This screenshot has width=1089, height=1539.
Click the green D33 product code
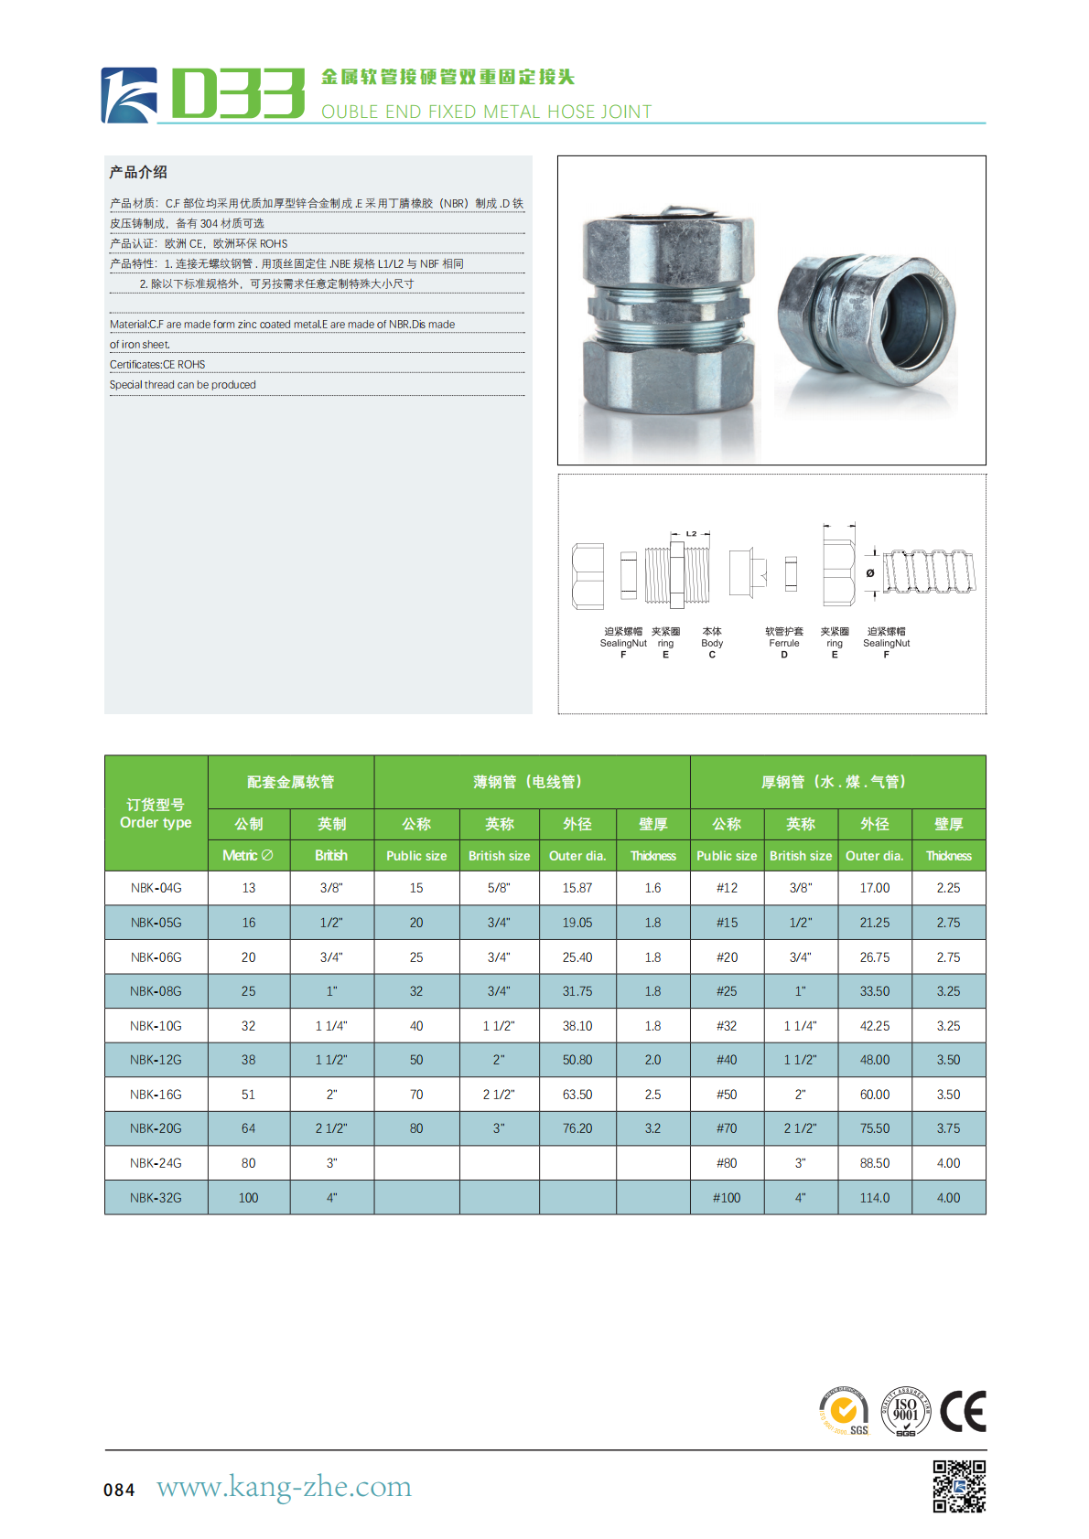click(237, 92)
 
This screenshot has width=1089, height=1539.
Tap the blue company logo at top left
click(128, 95)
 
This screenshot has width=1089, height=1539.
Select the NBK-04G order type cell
click(156, 888)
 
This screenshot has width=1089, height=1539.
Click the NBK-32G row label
click(156, 1198)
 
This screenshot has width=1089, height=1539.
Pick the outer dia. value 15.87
click(577, 888)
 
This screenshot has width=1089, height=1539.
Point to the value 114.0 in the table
click(875, 1198)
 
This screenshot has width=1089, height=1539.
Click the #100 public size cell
click(727, 1198)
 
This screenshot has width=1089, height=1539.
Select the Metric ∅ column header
click(248, 855)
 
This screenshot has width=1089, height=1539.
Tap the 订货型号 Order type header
click(156, 814)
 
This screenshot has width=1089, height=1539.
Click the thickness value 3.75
click(948, 1128)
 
